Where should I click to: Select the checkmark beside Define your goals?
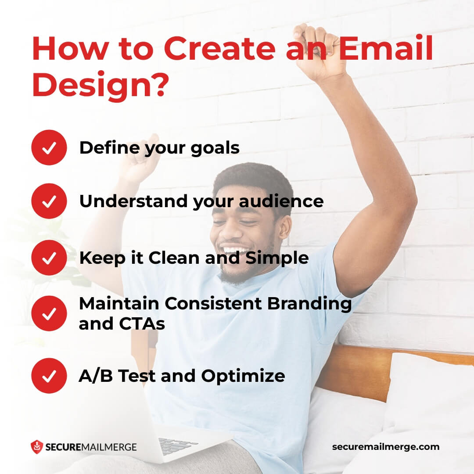point(49,148)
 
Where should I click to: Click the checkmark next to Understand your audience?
point(49,201)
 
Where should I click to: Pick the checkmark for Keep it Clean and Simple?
point(49,258)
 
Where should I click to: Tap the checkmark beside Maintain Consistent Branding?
point(49,313)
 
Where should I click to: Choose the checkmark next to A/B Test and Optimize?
point(49,376)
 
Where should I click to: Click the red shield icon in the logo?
point(36,447)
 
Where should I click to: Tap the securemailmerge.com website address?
point(385,447)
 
